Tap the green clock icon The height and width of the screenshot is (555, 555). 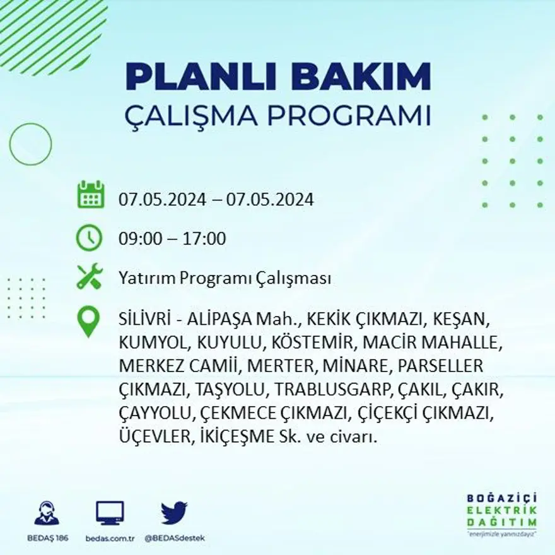click(x=89, y=238)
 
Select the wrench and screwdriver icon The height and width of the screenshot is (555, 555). click(x=89, y=277)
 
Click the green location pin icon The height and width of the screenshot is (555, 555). click(x=88, y=321)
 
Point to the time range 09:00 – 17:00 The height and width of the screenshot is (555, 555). click(x=172, y=239)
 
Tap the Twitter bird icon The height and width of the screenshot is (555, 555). click(x=174, y=513)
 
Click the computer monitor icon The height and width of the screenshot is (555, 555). click(x=110, y=513)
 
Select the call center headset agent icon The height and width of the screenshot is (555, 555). click(x=47, y=513)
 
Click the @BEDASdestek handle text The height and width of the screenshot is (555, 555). click(x=175, y=538)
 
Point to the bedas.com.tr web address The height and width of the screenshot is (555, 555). click(x=110, y=538)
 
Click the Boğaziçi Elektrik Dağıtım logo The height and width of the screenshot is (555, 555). click(x=502, y=511)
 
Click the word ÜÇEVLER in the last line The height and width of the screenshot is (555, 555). click(x=152, y=436)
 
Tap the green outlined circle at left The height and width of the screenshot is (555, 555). click(x=30, y=144)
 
